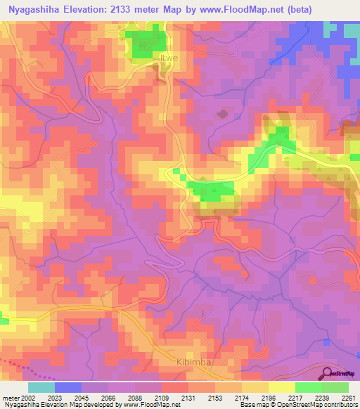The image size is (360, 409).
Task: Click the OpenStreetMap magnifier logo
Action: (328, 373)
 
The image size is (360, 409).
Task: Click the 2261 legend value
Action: (347, 398)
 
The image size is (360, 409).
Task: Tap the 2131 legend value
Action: (186, 398)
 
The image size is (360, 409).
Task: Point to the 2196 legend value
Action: (266, 398)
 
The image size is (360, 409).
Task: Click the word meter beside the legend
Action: (8, 398)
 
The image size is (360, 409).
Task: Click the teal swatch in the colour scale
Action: (41, 387)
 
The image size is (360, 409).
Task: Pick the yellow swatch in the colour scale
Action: (281, 387)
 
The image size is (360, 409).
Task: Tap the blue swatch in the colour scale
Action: (67, 387)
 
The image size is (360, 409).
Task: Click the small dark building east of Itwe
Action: (223, 113)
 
